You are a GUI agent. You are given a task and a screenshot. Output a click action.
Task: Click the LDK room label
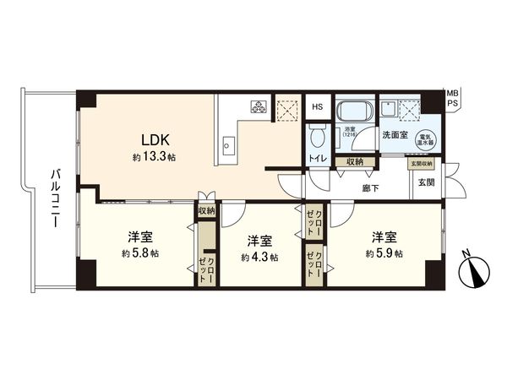pos(154,140)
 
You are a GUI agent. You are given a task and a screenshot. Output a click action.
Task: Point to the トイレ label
pos(318,158)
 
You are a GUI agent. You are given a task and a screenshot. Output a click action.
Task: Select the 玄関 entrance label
pos(425,182)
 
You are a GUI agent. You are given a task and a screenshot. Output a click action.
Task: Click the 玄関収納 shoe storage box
pos(422,163)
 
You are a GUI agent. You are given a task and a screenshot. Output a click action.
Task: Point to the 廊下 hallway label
pos(369,188)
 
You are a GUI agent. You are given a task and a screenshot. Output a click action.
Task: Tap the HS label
pos(317,106)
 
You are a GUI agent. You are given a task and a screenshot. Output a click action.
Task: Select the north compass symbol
pos(470,270)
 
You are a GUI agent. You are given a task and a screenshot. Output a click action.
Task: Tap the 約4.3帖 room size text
pos(259,257)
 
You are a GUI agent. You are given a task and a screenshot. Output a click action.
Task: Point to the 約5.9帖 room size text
pos(384,253)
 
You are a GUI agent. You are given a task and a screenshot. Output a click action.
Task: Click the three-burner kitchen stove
pos(257,107)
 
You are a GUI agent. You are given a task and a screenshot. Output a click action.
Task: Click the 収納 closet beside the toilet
pos(354,161)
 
